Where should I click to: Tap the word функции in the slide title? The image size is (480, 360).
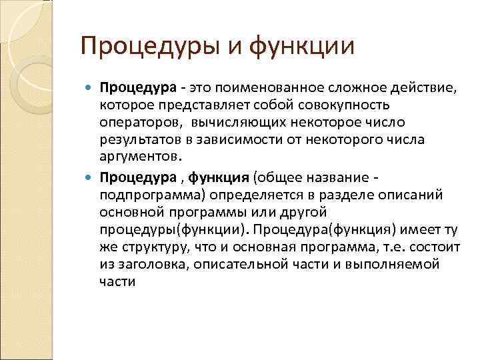click(x=303, y=47)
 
